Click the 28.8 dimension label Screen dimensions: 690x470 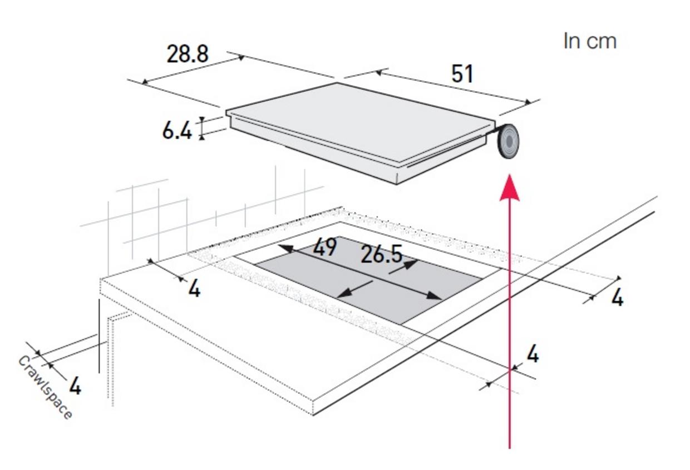pos(188,54)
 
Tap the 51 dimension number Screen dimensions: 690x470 pos(462,74)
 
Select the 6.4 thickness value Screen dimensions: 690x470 pos(177,131)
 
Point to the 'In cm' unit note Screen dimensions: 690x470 pos(590,41)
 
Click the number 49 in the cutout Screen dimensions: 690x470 pos(324,247)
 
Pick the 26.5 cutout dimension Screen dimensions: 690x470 pos(381,254)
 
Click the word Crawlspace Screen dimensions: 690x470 pos(45,388)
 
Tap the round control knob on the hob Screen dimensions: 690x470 pos(509,141)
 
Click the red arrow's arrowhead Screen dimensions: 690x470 pos(510,188)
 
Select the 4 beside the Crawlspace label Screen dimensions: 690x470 pos(75,386)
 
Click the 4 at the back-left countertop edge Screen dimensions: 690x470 pos(194,289)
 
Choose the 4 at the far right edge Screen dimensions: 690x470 pos(617,298)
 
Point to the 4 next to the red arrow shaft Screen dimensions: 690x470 pos(533,354)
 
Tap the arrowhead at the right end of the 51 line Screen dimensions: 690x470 pos(528,102)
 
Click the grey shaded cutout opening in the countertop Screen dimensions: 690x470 pos(368,280)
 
